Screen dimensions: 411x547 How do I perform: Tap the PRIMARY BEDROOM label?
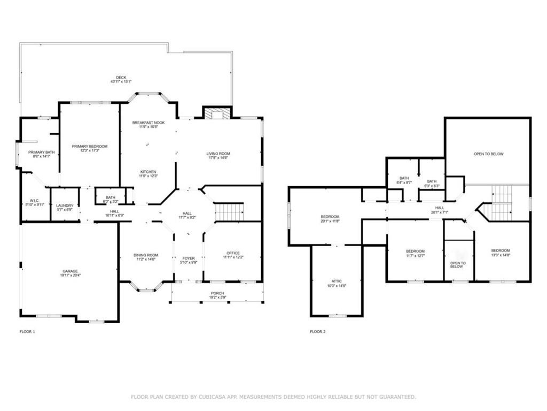tap(90, 146)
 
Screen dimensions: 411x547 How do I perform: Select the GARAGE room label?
tap(70, 271)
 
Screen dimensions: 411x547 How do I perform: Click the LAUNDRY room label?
tap(64, 204)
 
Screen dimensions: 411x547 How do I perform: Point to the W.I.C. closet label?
tap(32, 201)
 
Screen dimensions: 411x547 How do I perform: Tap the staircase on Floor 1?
tap(230, 212)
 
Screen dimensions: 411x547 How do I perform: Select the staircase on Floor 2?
tap(502, 203)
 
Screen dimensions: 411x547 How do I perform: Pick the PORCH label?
tap(217, 293)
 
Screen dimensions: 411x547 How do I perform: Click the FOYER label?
tap(189, 258)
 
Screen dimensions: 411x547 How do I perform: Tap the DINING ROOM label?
tap(145, 255)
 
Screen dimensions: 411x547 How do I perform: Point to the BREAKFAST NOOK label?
tap(149, 123)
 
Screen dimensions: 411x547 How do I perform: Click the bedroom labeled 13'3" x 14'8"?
tap(501, 250)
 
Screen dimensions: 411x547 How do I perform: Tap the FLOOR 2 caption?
tap(317, 332)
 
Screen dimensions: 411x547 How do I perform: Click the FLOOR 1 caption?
tap(27, 332)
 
